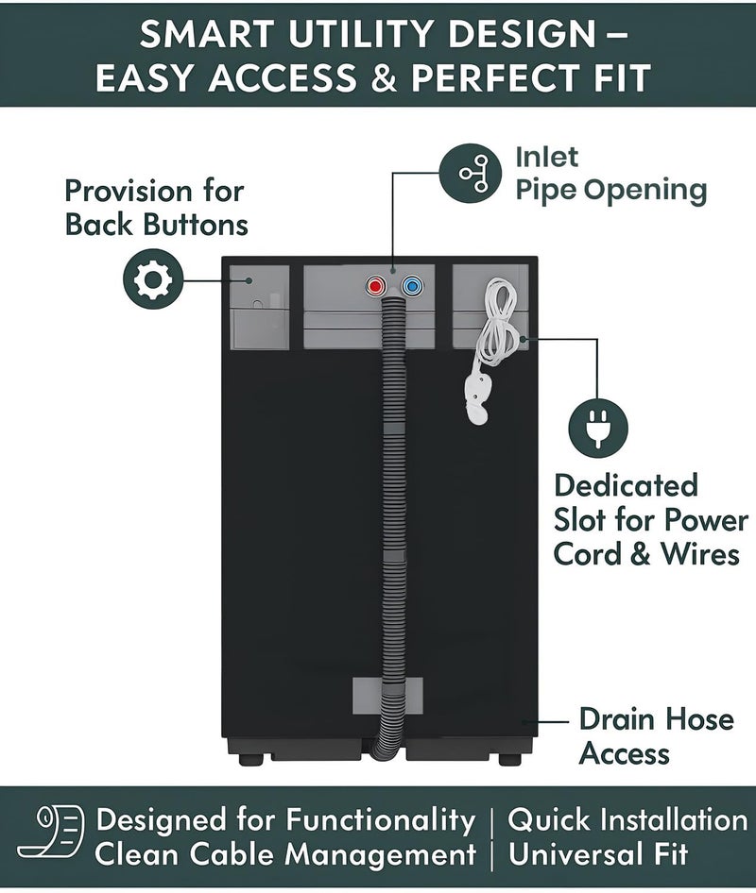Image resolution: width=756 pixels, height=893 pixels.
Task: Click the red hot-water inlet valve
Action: tap(376, 286)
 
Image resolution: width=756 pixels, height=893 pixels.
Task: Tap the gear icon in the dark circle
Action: tap(153, 279)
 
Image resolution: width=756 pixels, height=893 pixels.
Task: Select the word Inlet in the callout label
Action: tap(546, 157)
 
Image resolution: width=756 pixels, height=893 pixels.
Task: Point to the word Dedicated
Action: tap(626, 486)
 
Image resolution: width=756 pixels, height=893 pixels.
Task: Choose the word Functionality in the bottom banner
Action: tap(380, 820)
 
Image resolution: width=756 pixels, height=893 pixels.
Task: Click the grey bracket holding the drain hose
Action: tap(387, 696)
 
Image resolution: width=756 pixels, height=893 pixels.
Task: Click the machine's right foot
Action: tap(509, 759)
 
